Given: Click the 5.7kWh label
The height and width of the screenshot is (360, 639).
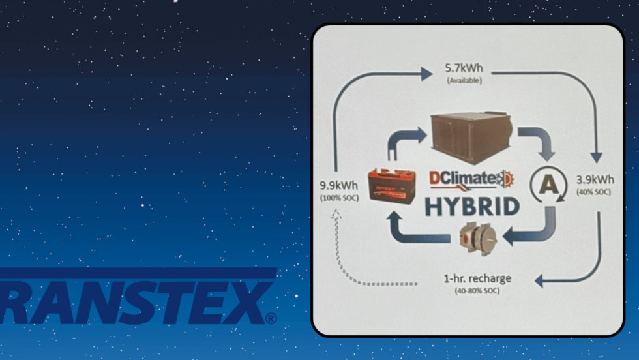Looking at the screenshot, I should tap(464, 67).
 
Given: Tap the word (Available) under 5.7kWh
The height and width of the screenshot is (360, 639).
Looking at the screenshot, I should tap(464, 80).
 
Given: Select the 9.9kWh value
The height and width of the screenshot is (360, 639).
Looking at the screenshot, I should tap(338, 185).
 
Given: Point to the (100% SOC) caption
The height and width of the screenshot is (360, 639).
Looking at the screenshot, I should tap(338, 197).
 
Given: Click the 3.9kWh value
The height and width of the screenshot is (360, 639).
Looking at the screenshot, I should tap(593, 179).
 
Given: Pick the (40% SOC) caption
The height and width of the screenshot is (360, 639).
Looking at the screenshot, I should tap(593, 192).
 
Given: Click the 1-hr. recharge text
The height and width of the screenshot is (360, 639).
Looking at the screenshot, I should tap(477, 278).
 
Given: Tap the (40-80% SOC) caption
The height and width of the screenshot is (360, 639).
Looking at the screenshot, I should tap(477, 290).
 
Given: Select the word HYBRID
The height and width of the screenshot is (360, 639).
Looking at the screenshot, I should tap(472, 205).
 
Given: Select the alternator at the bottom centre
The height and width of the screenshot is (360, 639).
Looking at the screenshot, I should tap(477, 239).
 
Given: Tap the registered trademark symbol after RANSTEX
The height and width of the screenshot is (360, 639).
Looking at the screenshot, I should tap(271, 319).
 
